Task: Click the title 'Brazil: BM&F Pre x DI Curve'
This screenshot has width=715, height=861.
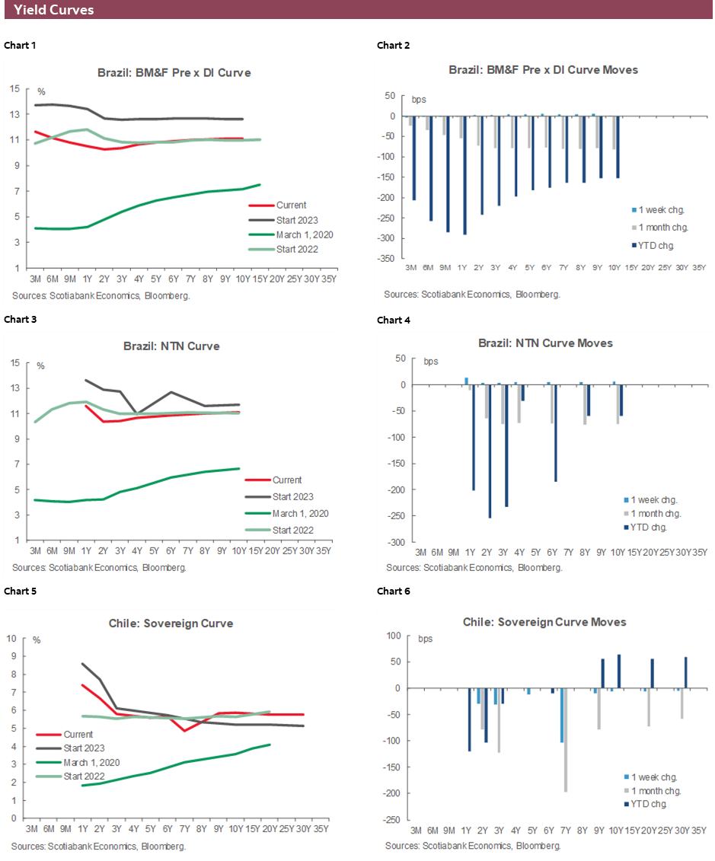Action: click(174, 73)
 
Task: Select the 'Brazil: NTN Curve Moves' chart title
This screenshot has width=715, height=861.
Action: click(544, 343)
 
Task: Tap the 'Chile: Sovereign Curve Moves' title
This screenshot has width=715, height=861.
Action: click(544, 622)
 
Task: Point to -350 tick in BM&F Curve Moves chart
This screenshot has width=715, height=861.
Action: click(388, 259)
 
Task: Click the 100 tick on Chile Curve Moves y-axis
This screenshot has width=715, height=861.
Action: click(393, 636)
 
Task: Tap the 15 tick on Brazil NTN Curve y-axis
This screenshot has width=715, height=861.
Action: click(15, 363)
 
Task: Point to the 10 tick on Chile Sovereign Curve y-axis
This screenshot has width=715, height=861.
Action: click(11, 637)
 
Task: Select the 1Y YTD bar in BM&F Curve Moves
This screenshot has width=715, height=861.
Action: click(464, 175)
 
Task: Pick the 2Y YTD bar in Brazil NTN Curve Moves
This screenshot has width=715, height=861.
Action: click(490, 451)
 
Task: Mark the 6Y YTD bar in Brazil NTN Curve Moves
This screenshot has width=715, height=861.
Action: click(556, 433)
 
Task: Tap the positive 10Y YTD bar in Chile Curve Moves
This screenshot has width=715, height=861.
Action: click(619, 671)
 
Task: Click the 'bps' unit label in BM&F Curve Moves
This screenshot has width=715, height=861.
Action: click(420, 100)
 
